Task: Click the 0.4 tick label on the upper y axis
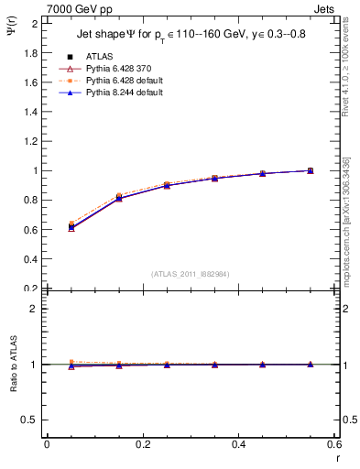(30, 259)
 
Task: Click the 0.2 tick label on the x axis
(143, 444)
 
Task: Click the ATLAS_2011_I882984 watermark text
(191, 273)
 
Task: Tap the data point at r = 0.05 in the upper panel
(71, 226)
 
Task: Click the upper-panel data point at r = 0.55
(311, 170)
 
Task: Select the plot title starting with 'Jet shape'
(191, 35)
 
